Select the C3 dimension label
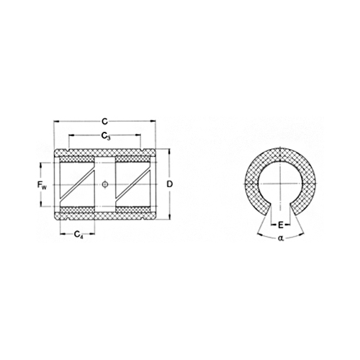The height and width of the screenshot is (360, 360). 105,135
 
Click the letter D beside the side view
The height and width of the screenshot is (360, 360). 169,184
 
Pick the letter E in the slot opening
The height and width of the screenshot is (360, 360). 280,225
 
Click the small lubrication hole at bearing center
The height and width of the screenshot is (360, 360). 106,184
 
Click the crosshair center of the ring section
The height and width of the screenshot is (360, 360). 280,184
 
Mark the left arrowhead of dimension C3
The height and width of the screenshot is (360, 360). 70,140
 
